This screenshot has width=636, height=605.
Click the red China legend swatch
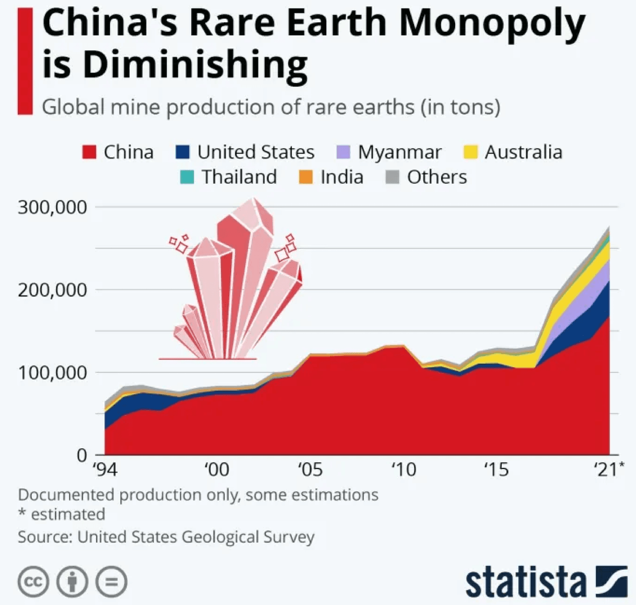pyautogui.click(x=89, y=152)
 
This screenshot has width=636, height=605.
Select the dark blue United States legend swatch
pyautogui.click(x=183, y=152)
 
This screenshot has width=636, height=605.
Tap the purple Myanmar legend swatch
pyautogui.click(x=343, y=152)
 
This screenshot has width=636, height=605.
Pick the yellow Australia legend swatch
pyautogui.click(x=470, y=152)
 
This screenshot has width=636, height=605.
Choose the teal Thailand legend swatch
pyautogui.click(x=187, y=177)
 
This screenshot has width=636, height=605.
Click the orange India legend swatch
pyautogui.click(x=306, y=177)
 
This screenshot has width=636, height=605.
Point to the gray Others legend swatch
pyautogui.click(x=393, y=177)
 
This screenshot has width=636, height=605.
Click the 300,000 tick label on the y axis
pyautogui.click(x=52, y=207)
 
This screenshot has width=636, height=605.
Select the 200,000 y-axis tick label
pyautogui.click(x=52, y=290)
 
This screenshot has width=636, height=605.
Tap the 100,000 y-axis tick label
pyautogui.click(x=52, y=372)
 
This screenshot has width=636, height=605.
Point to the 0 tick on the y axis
pyautogui.click(x=82, y=454)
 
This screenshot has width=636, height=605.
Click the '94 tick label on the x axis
pyautogui.click(x=105, y=469)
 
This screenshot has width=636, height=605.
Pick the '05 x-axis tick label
pyautogui.click(x=310, y=469)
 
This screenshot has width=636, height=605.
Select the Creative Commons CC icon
pyautogui.click(x=33, y=582)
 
